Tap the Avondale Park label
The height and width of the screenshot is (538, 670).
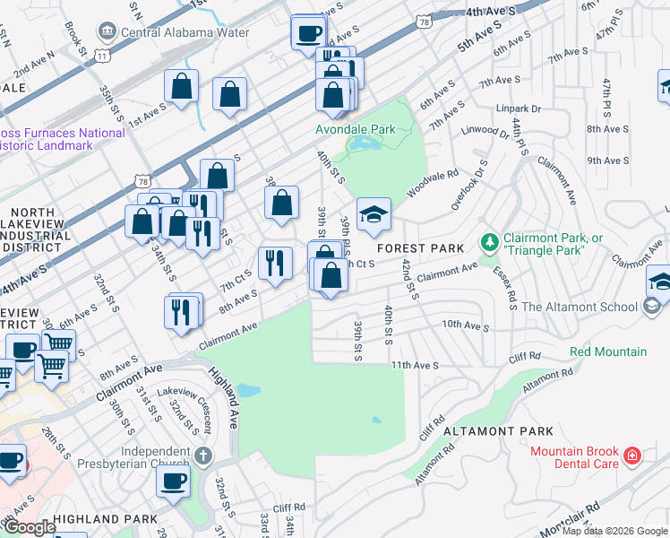[x=355, y=129]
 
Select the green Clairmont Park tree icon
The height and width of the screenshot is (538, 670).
[x=489, y=242]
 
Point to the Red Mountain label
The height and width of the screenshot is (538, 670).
[x=608, y=351]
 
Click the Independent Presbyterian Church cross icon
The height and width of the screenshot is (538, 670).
[x=204, y=456]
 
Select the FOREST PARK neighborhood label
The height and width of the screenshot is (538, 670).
[x=420, y=248]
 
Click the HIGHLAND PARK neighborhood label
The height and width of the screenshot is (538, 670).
[x=98, y=519]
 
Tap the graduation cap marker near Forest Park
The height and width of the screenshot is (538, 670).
[x=374, y=213]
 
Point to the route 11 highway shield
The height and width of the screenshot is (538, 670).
[x=104, y=56]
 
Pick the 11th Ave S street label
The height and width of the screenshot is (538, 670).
[x=414, y=365]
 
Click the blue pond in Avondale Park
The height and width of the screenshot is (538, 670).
[x=365, y=143]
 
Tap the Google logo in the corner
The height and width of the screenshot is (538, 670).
[x=30, y=527]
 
